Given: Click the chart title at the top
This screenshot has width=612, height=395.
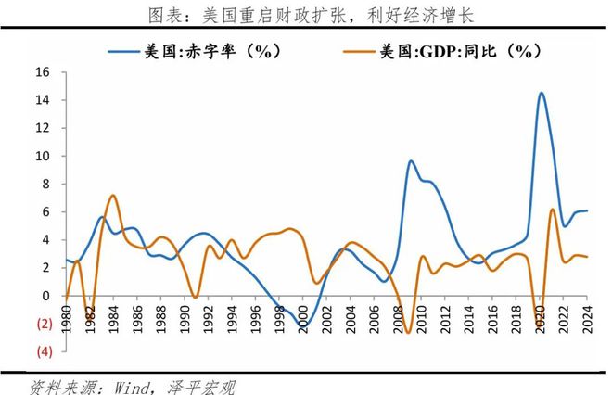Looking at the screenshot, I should pos(306,15).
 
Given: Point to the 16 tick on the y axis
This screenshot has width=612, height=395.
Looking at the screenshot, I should pos(43,72).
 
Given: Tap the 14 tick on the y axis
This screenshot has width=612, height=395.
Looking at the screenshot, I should pos(43,100).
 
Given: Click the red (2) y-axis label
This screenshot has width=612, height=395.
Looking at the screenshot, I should pos(42,324).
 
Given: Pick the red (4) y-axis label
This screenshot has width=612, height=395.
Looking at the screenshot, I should pos(42,351).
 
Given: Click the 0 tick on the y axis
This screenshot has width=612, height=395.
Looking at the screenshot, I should pos(46,296).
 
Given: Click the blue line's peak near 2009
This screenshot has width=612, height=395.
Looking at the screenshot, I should pos(411,161).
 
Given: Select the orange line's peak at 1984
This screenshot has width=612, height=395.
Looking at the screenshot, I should pos(113,196).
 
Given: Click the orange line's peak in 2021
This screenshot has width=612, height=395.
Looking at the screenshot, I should pos(553,210).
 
